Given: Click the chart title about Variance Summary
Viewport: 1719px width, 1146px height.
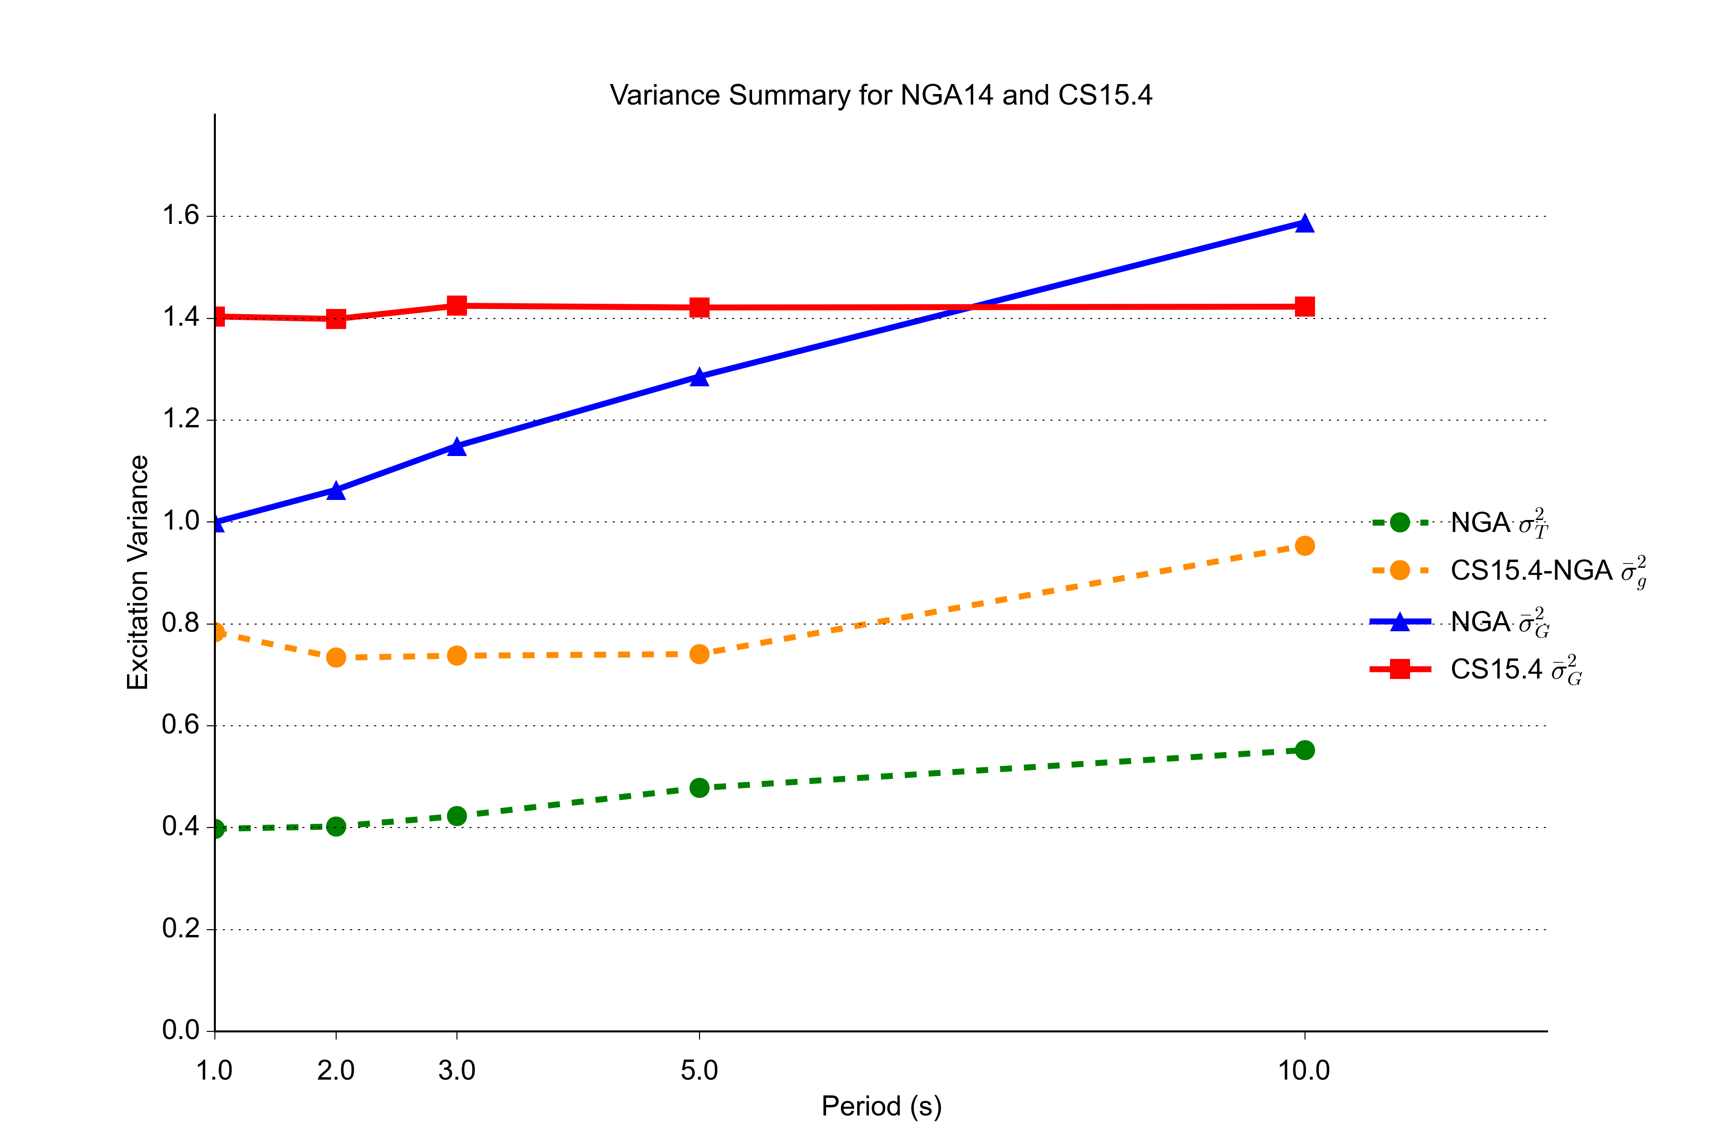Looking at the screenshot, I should point(881,95).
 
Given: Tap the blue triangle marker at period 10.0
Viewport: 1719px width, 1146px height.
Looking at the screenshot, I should point(1305,223).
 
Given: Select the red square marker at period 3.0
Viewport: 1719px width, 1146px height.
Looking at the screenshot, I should point(457,306).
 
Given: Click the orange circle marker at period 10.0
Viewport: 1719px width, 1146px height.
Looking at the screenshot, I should point(1305,546).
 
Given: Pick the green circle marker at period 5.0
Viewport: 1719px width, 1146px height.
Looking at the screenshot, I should point(700,788).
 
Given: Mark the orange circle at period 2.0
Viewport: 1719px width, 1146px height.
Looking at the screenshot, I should point(336,658).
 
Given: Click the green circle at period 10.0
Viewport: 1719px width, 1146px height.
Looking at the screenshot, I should point(1305,751).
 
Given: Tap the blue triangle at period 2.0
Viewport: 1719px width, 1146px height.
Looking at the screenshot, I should point(336,490).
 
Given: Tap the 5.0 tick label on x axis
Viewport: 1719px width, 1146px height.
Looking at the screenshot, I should point(700,1071).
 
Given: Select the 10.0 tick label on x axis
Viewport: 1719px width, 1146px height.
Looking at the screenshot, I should point(1304,1071).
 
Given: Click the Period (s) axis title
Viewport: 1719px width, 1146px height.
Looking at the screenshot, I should point(881,1106).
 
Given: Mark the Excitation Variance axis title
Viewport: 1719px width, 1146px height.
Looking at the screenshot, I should point(138,572).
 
